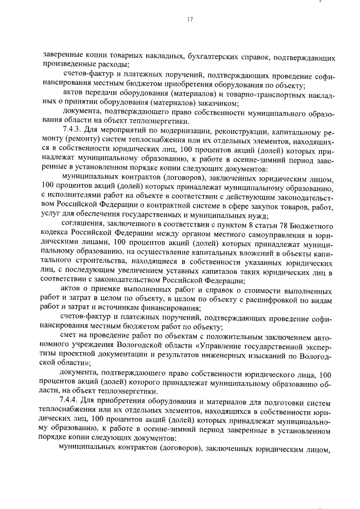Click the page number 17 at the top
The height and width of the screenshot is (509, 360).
tap(190, 20)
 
